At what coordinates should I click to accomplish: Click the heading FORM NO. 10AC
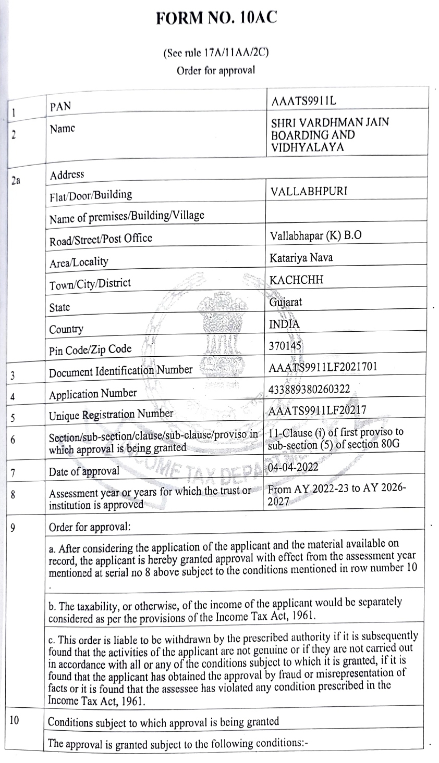pyautogui.click(x=216, y=18)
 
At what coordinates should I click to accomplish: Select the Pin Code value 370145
pyautogui.click(x=285, y=346)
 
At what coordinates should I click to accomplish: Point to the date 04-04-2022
pyautogui.click(x=292, y=467)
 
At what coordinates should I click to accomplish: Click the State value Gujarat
pyautogui.click(x=286, y=302)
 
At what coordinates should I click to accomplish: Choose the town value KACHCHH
pyautogui.click(x=296, y=280)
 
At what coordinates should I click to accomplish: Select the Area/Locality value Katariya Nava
pyautogui.click(x=301, y=257)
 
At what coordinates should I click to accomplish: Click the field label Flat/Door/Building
pyautogui.click(x=91, y=195)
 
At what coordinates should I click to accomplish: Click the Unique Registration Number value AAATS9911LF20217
pyautogui.click(x=316, y=411)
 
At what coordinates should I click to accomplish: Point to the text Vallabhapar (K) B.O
pyautogui.click(x=316, y=235)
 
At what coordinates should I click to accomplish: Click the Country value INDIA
pyautogui.click(x=284, y=324)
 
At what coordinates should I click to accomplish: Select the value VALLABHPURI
pyautogui.click(x=309, y=191)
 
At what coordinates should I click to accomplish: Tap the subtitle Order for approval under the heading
pyautogui.click(x=216, y=70)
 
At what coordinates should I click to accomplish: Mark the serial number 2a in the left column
pyautogui.click(x=16, y=180)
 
